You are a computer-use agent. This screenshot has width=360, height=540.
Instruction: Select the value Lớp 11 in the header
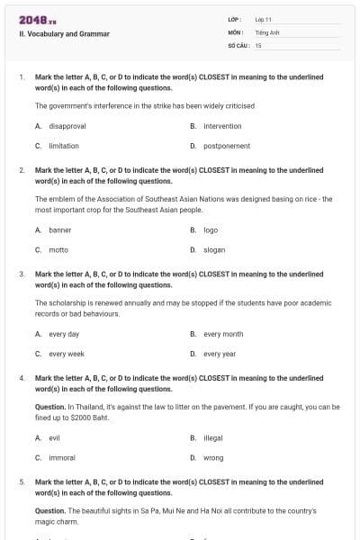point(264,18)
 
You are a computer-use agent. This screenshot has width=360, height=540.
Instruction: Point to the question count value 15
point(258,44)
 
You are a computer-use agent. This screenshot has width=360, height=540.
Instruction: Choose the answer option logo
point(211,230)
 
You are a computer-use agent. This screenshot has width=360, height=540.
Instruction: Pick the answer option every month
point(223,334)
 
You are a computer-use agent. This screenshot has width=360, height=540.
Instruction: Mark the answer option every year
point(220,354)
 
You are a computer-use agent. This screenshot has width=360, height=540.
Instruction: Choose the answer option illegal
point(213,437)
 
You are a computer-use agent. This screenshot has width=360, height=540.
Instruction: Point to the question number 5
point(22,481)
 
